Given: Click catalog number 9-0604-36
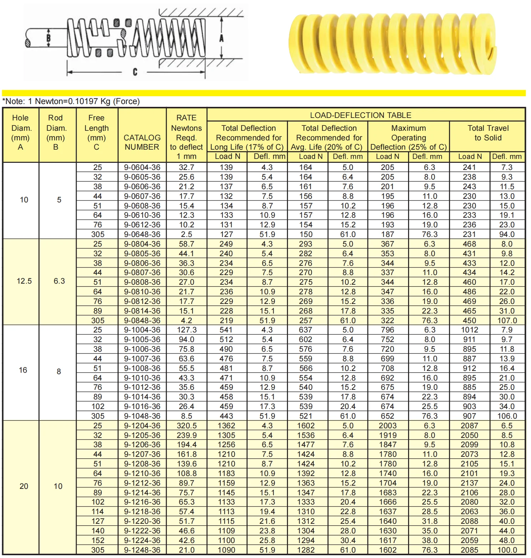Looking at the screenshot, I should (142, 167).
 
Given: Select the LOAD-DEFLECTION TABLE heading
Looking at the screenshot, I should (360, 115).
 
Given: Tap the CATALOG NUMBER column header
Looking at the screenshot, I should (142, 142).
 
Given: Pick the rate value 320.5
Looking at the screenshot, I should (186, 426).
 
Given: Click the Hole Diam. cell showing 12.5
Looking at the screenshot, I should (24, 281).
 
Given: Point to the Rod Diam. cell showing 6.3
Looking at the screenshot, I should (59, 281).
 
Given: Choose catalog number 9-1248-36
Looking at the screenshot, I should (142, 550).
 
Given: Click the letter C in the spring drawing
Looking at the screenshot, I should (135, 72).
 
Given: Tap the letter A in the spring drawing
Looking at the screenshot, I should (221, 38).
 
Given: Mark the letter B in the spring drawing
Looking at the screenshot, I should (49, 38).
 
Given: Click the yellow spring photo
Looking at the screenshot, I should (392, 43).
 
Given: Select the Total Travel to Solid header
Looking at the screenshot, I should (488, 133).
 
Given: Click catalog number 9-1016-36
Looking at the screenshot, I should (142, 407).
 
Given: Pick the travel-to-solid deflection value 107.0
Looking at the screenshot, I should (507, 321).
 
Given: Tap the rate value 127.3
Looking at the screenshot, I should (186, 330).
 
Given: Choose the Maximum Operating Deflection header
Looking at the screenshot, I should (408, 138).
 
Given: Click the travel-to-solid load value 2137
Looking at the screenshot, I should (469, 483).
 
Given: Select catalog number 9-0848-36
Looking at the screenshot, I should (142, 321).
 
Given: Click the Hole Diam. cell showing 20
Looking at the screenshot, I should (24, 486).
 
